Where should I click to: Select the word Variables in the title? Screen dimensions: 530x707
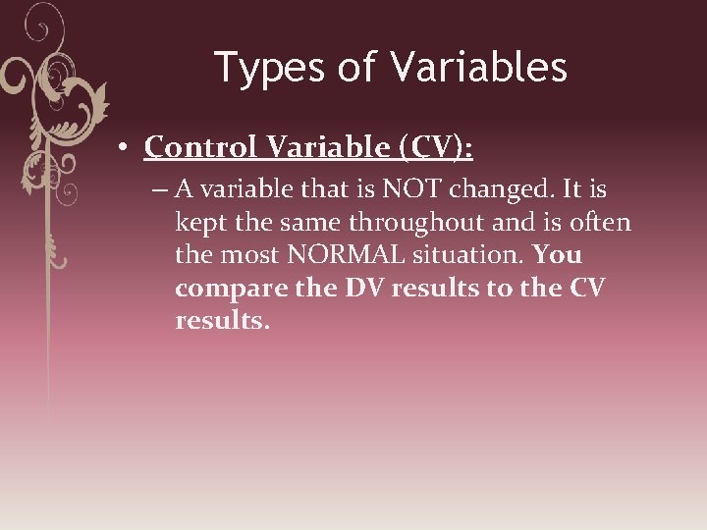tap(478, 68)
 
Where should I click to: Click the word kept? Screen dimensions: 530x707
tap(200, 223)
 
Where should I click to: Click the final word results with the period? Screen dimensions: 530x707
tap(221, 321)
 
